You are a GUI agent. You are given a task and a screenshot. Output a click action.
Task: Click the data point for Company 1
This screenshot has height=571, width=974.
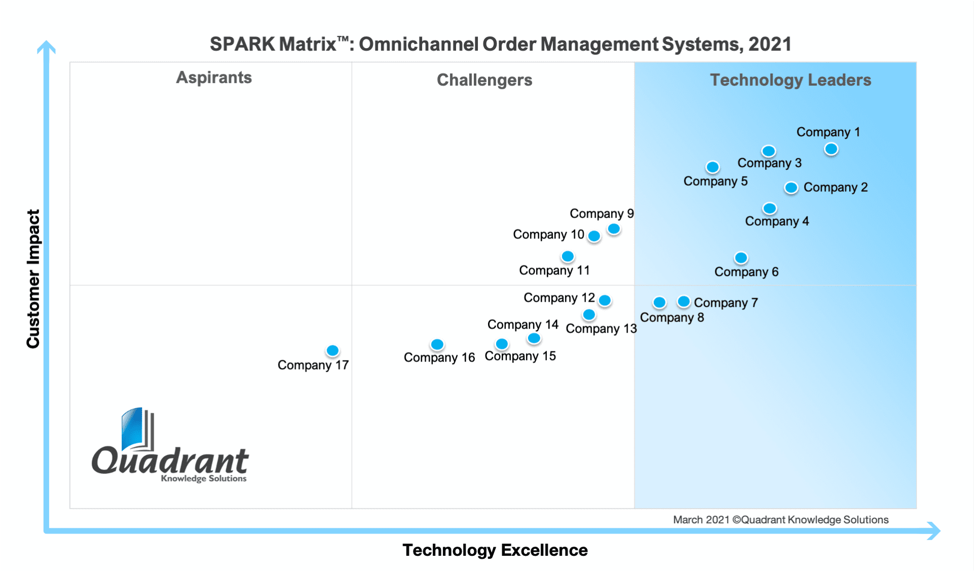[x=831, y=149]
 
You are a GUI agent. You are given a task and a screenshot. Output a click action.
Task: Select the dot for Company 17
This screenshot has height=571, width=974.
[x=333, y=350]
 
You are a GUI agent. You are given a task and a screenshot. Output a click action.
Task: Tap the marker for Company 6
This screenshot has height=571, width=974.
[x=741, y=258]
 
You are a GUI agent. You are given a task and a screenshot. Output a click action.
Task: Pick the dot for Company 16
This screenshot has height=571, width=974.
[x=437, y=345]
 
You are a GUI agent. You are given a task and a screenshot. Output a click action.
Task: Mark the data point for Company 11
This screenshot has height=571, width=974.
[x=568, y=257]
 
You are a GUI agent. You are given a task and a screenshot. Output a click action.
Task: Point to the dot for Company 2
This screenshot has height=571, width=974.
[x=791, y=188]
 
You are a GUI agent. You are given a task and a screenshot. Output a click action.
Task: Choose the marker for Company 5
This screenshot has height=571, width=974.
[x=713, y=167]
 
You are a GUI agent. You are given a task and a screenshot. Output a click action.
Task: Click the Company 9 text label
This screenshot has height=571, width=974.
[x=602, y=213]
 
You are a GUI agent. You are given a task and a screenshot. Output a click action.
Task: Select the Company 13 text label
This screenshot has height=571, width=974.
[x=601, y=329]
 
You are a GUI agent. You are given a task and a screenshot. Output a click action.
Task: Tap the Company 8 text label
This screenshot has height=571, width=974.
[x=672, y=317]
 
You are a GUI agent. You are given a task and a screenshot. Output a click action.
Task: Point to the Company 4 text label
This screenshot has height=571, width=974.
[x=777, y=221]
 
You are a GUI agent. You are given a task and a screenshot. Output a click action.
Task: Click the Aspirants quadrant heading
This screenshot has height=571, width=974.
[x=214, y=78]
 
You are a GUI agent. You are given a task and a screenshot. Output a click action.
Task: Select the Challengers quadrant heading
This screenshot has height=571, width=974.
[x=484, y=80]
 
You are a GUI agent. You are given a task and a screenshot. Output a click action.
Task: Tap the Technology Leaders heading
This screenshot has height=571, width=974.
[x=790, y=80]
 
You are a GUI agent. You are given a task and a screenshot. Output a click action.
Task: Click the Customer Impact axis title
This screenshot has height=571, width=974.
[x=33, y=279]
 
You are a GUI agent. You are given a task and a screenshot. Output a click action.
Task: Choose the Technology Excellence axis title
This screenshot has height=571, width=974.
[x=495, y=550]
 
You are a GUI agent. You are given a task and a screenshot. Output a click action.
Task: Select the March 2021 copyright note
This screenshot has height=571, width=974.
[x=780, y=520]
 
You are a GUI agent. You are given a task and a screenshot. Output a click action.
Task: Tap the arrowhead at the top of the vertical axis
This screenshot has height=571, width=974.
[x=46, y=47]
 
